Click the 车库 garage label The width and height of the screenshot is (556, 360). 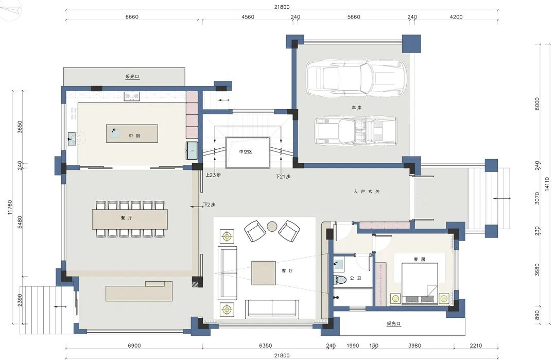357,108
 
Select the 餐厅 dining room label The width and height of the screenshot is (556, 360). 127,218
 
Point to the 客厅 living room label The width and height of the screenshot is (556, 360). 287,270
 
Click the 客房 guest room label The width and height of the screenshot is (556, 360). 419,259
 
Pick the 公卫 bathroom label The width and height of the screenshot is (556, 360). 355,278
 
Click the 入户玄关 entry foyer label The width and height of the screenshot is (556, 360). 367,192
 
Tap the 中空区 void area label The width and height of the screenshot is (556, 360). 246,152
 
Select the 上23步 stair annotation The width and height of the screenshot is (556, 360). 213,175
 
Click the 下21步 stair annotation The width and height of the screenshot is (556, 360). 283,176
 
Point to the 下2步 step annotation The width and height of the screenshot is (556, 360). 209,204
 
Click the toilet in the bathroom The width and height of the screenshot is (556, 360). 340,279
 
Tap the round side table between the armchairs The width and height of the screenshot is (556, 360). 272,226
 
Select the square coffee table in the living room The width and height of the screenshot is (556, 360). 264,273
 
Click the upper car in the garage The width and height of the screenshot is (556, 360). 356,79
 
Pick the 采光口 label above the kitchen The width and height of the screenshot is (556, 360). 132,77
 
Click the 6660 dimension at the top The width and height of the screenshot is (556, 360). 132,16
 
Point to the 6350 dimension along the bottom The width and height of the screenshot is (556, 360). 265,346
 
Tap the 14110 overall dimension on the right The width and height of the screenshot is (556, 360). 547,184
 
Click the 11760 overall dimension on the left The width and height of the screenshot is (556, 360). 10,208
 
